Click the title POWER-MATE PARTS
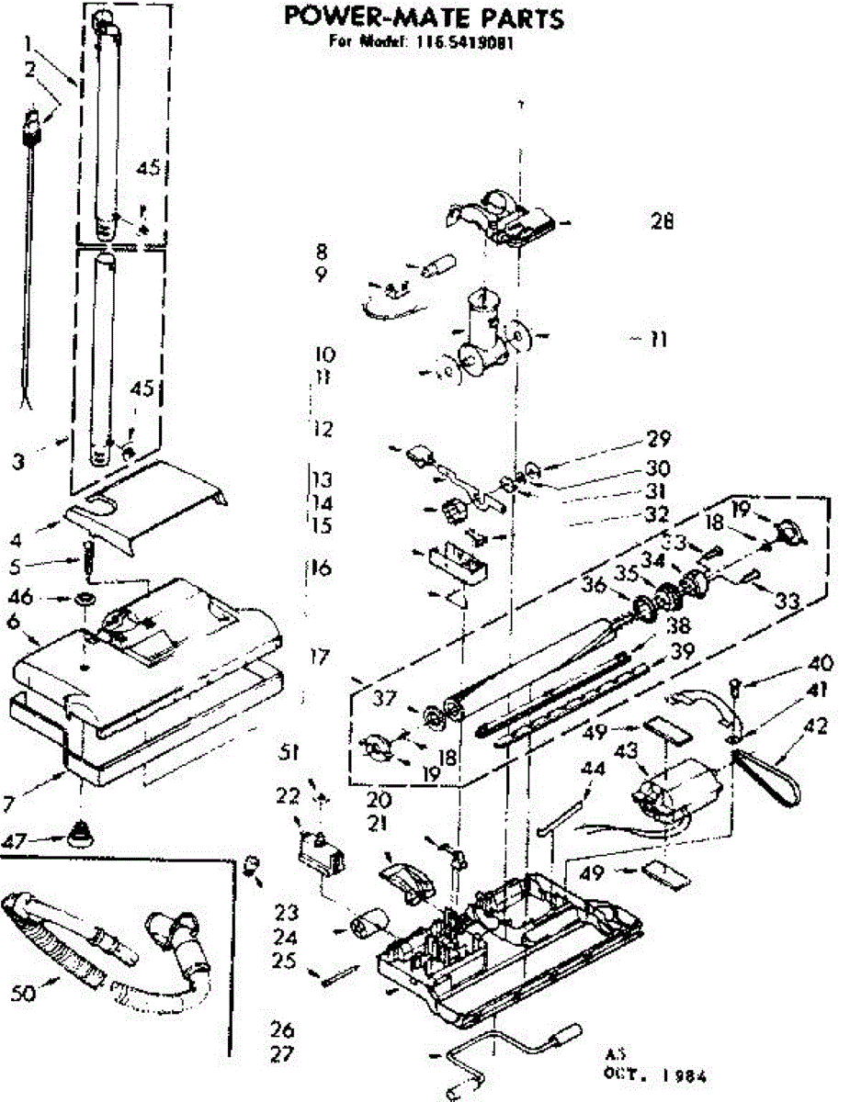[x=423, y=17]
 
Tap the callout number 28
[x=661, y=221]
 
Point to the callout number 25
[x=287, y=961]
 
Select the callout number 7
[x=8, y=804]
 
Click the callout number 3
[x=18, y=462]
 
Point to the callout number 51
[x=290, y=753]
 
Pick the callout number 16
[x=320, y=568]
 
